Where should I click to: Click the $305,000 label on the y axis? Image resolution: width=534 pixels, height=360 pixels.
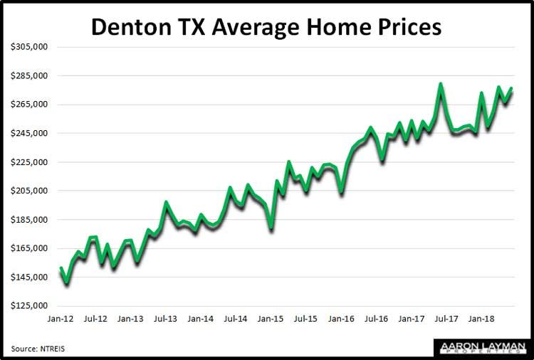tap(29, 47)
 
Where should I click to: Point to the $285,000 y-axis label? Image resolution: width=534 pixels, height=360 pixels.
tap(29, 76)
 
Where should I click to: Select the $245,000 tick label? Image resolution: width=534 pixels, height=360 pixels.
tap(29, 134)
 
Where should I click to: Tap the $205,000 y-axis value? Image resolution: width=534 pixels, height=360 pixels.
tap(29, 191)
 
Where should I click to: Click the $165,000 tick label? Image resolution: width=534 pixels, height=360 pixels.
tap(29, 248)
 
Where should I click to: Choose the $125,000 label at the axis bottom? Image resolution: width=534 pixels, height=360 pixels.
tap(29, 306)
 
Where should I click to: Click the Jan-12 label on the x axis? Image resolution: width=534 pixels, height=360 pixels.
tap(61, 320)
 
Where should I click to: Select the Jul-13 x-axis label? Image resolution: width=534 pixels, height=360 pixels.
tap(166, 320)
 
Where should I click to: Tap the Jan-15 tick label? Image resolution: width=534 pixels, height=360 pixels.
tap(271, 320)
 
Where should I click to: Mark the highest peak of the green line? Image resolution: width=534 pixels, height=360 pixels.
tap(441, 84)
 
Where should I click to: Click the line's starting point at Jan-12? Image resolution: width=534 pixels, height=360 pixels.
tap(61, 268)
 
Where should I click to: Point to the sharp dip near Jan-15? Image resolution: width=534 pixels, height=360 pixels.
tap(271, 228)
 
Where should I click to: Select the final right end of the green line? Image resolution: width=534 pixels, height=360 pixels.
tap(511, 88)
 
